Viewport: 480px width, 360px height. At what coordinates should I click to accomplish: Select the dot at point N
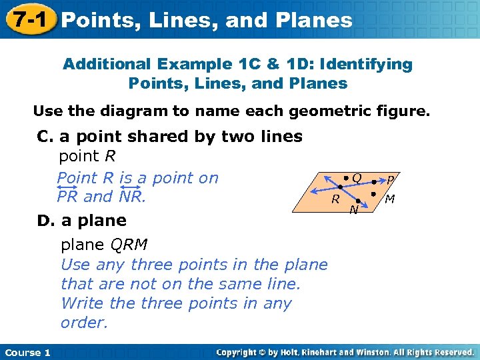click(359, 201)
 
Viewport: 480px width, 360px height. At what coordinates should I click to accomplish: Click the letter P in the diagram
click(391, 180)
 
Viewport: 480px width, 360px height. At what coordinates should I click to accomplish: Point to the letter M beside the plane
click(390, 199)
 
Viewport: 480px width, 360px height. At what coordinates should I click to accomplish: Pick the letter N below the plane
click(354, 211)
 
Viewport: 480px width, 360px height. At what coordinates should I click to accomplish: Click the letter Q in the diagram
click(357, 178)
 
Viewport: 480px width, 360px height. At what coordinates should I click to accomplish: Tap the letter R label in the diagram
click(337, 199)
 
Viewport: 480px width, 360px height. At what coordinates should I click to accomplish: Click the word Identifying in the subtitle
click(367, 64)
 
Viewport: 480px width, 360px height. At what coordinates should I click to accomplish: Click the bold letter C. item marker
click(45, 137)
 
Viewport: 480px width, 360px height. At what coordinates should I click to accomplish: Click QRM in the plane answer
click(129, 245)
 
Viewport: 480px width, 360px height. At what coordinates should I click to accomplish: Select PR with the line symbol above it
click(67, 197)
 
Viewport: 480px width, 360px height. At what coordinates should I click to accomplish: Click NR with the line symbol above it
click(131, 197)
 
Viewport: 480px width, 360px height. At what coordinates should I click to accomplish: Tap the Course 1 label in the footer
click(27, 352)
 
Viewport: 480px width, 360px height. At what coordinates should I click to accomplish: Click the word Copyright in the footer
click(239, 352)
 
